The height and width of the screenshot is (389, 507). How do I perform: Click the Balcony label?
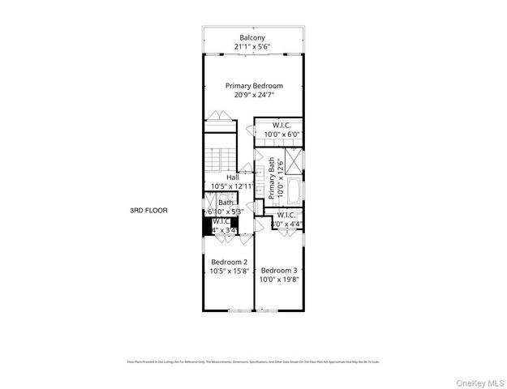tap(253, 37)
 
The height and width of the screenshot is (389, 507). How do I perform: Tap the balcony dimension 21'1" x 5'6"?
tap(253, 47)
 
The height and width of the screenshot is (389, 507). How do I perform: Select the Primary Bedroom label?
tap(254, 85)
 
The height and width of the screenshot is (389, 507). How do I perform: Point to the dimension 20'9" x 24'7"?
tap(254, 95)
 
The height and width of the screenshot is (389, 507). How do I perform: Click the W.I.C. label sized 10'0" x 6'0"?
tap(281, 125)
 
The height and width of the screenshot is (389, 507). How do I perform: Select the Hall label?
tap(233, 177)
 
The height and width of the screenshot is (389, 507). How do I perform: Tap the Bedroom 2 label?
tap(230, 262)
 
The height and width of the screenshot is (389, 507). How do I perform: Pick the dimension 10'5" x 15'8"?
tap(230, 271)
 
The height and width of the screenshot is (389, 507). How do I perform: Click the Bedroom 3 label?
tap(278, 270)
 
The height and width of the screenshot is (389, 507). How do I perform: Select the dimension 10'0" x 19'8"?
tap(278, 280)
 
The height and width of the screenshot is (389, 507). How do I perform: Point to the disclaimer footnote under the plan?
tap(253, 361)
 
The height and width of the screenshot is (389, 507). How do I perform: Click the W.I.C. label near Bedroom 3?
tap(297, 215)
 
